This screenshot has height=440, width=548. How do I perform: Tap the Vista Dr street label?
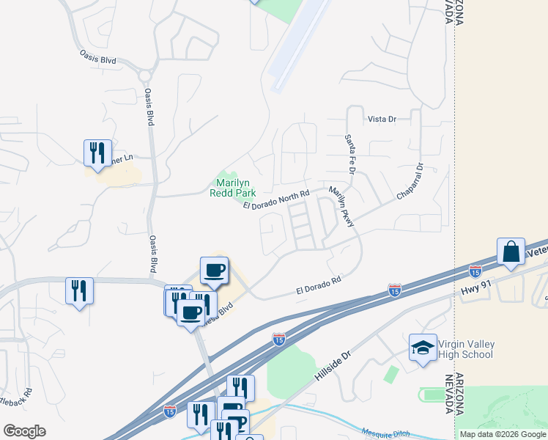click(x=382, y=119)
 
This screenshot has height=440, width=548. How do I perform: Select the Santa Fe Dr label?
click(x=350, y=154)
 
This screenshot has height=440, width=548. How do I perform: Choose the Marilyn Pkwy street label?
click(x=341, y=206)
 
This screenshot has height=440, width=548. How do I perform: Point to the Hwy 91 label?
click(x=474, y=291)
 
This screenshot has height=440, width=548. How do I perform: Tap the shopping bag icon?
click(x=510, y=252)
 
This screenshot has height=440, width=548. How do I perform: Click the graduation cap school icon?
click(x=423, y=348)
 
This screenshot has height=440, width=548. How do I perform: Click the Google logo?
click(x=24, y=431)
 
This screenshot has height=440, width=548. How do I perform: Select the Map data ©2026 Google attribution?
click(x=503, y=434)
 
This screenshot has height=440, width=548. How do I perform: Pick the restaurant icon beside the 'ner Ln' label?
click(x=97, y=153)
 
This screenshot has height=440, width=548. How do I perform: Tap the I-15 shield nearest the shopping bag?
click(x=475, y=271)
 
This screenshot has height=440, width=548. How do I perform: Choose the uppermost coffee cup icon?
click(x=215, y=270)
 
